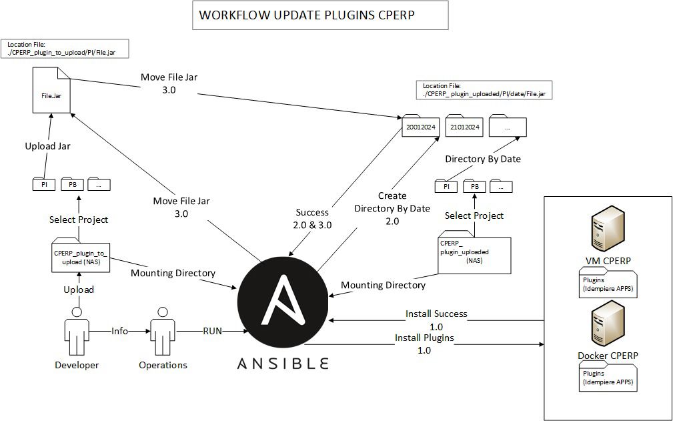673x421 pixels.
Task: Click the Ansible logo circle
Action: click(283, 304)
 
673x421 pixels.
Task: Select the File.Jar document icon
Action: click(50, 94)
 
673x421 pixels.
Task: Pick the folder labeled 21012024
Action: click(464, 126)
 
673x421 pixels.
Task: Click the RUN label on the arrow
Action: click(212, 330)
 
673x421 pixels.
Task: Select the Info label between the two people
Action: click(119, 330)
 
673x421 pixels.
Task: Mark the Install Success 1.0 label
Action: click(436, 320)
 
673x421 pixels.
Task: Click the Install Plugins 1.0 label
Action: click(424, 344)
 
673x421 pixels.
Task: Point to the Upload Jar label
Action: click(47, 146)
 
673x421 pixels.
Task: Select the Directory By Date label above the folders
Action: click(483, 159)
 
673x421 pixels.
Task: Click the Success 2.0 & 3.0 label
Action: click(312, 219)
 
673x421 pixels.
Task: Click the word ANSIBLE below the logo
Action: click(283, 363)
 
